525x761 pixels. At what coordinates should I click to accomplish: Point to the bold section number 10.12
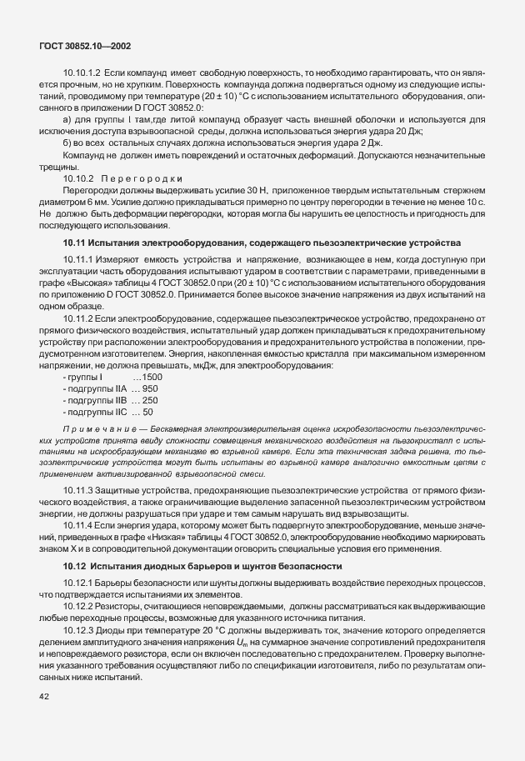pos(76,567)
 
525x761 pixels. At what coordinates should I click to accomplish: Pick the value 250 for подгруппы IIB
pos(150,377)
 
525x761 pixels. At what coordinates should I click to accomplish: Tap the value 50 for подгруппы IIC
pos(147,388)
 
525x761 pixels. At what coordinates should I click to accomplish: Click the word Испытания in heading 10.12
pos(119,567)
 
